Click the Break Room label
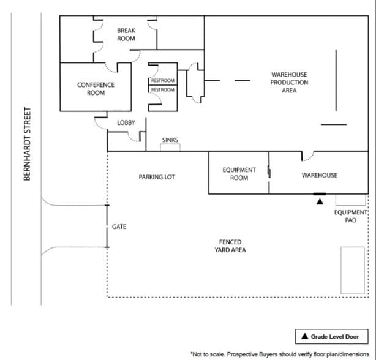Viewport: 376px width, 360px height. pyautogui.click(x=126, y=34)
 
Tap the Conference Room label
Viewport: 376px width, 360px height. pyautogui.click(x=96, y=89)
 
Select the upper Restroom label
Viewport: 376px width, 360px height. pyautogui.click(x=163, y=81)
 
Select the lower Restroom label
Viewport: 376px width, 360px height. pyautogui.click(x=163, y=90)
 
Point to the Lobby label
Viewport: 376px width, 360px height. pyautogui.click(x=126, y=123)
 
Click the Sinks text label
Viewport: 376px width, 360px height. pyautogui.click(x=170, y=140)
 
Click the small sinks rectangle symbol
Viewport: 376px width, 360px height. pyautogui.click(x=170, y=148)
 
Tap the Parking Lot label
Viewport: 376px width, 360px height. pyautogui.click(x=157, y=177)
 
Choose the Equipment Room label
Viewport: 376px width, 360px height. pyautogui.click(x=239, y=174)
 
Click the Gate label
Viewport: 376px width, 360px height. pyautogui.click(x=119, y=227)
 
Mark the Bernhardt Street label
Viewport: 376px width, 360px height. pyautogui.click(x=27, y=144)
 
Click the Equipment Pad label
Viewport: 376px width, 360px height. pyautogui.click(x=350, y=216)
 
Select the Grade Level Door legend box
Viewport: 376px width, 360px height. pyautogui.click(x=334, y=336)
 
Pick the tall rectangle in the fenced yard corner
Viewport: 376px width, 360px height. pyautogui.click(x=352, y=269)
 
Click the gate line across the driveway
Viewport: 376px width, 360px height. pyautogui.click(x=107, y=227)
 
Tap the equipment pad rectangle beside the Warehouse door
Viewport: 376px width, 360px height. pyautogui.click(x=350, y=200)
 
